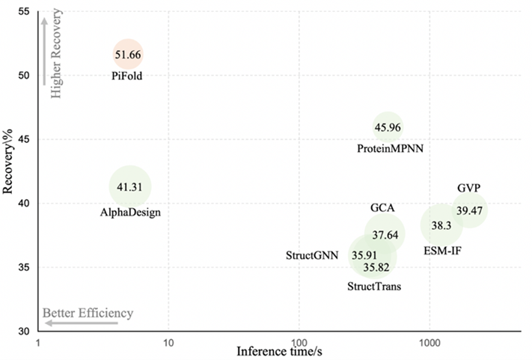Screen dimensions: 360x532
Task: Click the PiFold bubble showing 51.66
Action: pyautogui.click(x=127, y=54)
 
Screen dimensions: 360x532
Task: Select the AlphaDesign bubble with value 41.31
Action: pyautogui.click(x=130, y=186)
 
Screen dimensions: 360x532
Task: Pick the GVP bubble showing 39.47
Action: pyautogui.click(x=469, y=210)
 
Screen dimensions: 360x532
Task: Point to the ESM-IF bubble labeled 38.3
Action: pyautogui.click(x=441, y=225)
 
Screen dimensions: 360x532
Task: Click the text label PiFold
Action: pyautogui.click(x=127, y=76)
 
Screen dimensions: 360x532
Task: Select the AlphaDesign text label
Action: pyautogui.click(x=130, y=213)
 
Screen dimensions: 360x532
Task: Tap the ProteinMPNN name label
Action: pyautogui.click(x=390, y=149)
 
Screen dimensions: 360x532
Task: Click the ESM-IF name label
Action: pyautogui.click(x=441, y=249)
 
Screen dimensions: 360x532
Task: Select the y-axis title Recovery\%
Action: pyautogui.click(x=9, y=171)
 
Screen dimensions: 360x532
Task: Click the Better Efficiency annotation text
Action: pyautogui.click(x=87, y=313)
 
